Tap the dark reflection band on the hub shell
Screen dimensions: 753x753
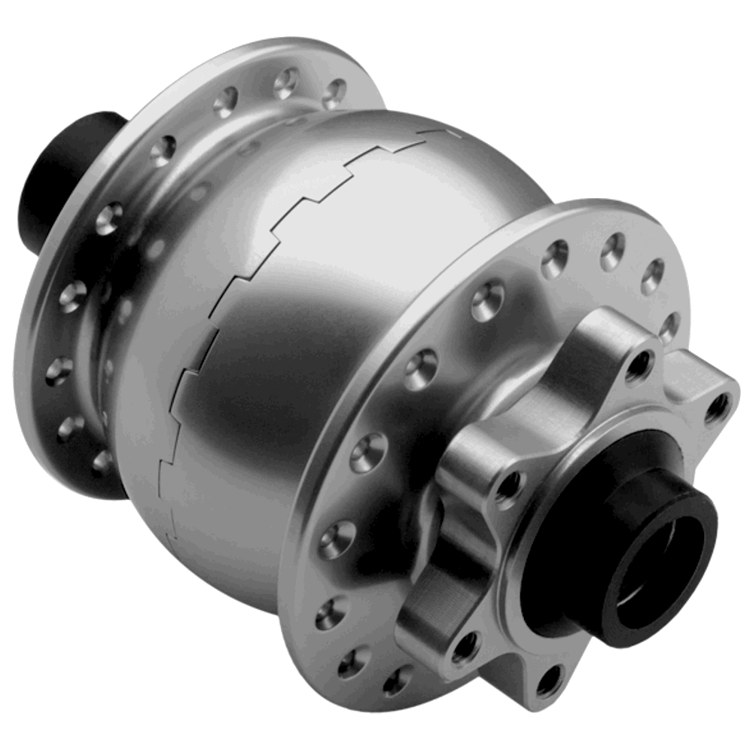coord(248,361)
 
